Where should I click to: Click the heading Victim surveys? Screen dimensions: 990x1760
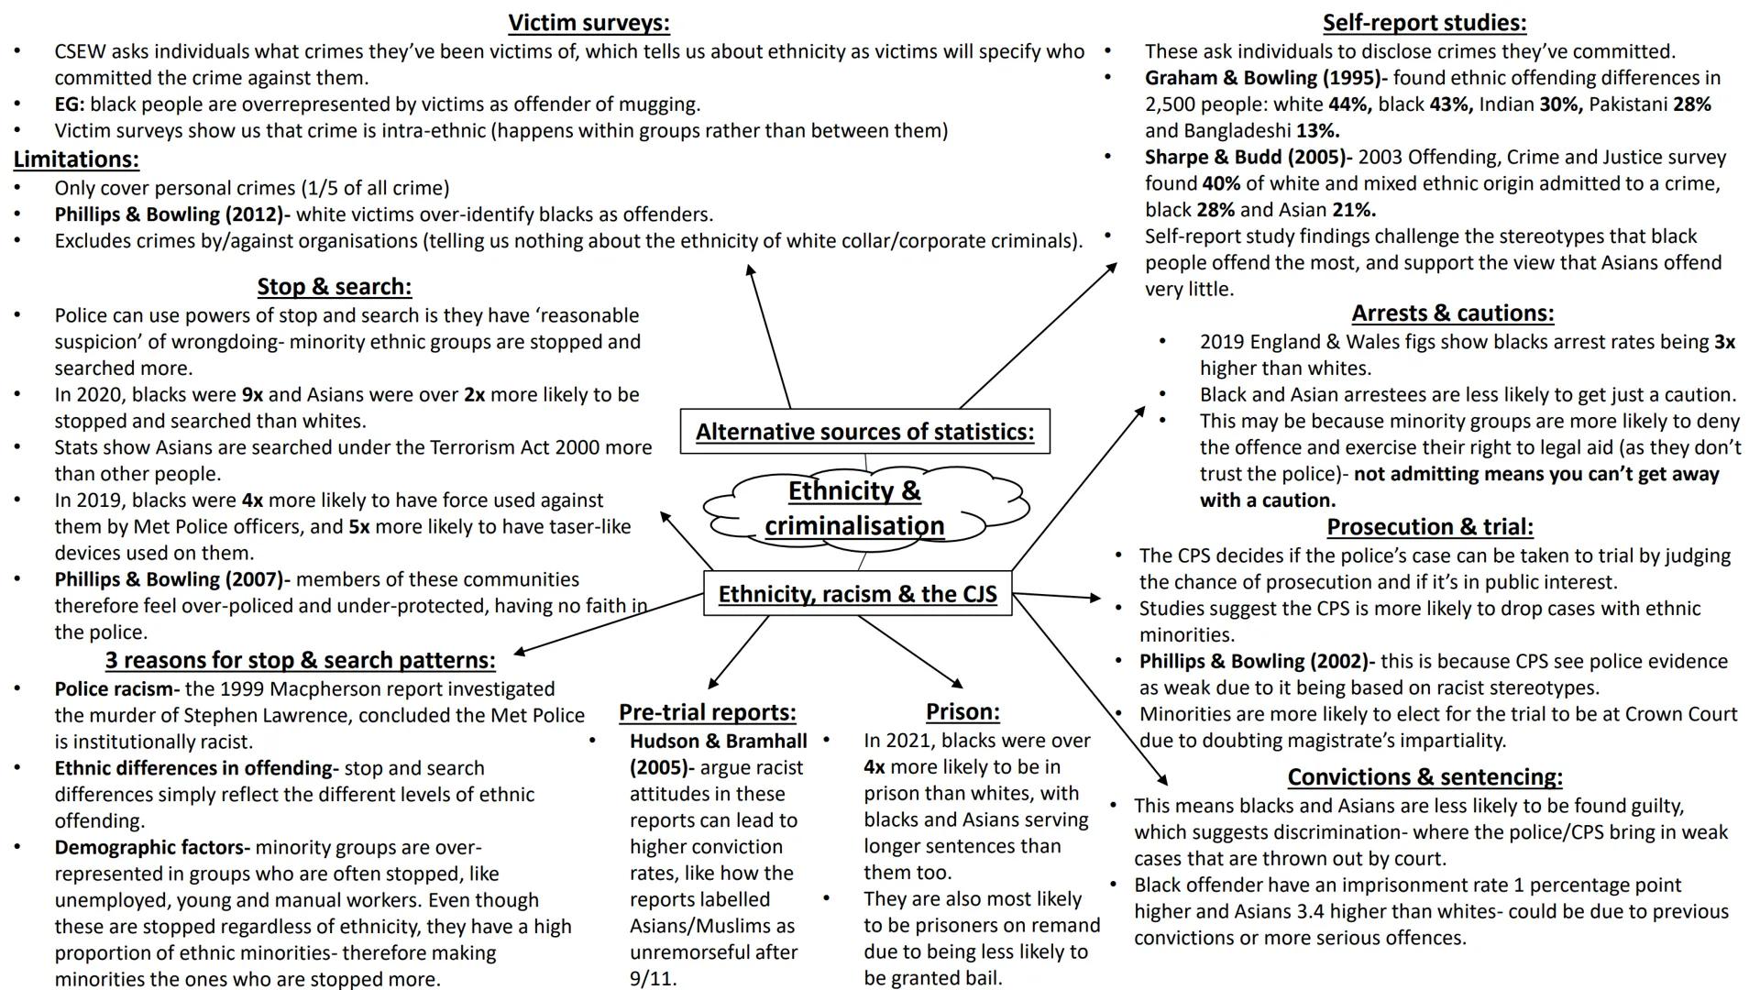tap(588, 23)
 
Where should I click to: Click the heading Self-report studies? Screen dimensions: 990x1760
tap(1424, 23)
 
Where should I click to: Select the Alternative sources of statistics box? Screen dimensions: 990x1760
tap(864, 432)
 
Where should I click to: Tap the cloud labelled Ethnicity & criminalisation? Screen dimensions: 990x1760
tap(855, 508)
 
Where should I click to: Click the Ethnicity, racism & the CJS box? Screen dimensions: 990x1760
tap(857, 594)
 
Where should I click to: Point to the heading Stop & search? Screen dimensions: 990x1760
tap(334, 287)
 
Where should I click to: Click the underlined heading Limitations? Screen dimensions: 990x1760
tap(76, 159)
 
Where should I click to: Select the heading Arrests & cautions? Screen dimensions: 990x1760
tap(1452, 313)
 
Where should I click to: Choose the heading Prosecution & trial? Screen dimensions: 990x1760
tap(1429, 527)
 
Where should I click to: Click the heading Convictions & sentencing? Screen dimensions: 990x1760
tap(1424, 777)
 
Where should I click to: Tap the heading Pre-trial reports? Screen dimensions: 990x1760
tap(707, 712)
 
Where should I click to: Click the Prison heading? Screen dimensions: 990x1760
tap(962, 712)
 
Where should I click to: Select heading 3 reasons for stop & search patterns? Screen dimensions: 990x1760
tap(300, 661)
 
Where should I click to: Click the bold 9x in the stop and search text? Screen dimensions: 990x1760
tap(252, 395)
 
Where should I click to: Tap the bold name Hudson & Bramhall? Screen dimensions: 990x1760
tap(718, 742)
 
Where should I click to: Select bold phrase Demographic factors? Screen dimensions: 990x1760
tap(151, 848)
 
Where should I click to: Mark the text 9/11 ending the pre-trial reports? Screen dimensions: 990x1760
tap(652, 979)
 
